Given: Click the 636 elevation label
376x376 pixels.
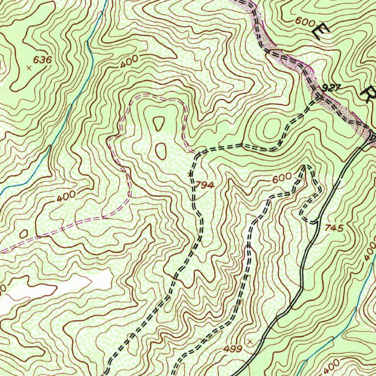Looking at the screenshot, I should [x=42, y=60].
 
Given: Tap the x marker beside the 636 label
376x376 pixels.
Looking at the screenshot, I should [x=29, y=68].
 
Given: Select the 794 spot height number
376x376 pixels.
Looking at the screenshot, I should [x=205, y=185].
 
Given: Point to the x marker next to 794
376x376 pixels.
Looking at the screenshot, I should [x=190, y=174].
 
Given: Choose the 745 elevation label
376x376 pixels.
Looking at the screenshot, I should [x=334, y=228].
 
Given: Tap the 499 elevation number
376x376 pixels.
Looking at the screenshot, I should [x=232, y=349].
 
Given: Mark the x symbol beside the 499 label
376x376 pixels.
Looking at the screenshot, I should [x=250, y=341].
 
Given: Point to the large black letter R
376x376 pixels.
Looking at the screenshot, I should [x=368, y=94].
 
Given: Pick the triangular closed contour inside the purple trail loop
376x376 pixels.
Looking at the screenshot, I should [x=159, y=124].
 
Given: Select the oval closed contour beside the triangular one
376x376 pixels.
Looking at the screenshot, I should [x=160, y=151].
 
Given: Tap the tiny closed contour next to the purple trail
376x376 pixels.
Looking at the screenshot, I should [x=24, y=234].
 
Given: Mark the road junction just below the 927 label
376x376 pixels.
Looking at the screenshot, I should [x=318, y=97].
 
